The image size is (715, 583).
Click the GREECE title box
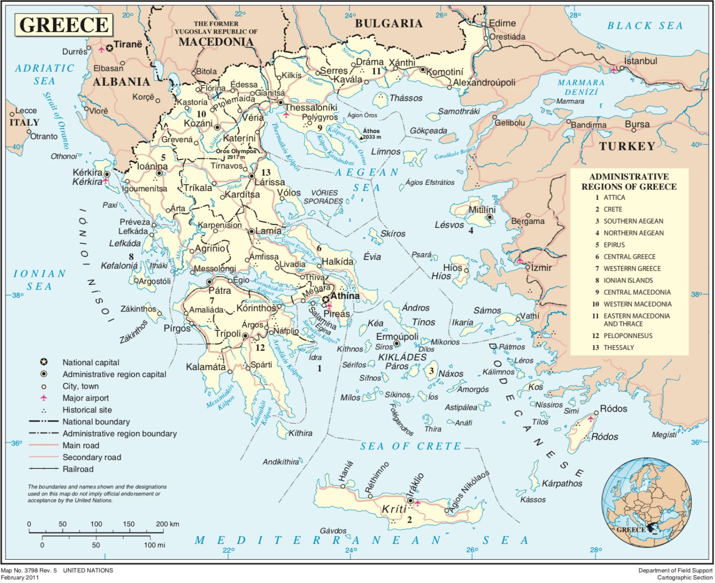[64, 25]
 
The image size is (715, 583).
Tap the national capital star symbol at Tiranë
[109, 47]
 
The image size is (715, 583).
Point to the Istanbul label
[641, 61]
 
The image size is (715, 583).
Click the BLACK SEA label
[645, 26]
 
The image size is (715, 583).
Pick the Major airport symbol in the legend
[44, 398]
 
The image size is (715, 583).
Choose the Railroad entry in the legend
[78, 469]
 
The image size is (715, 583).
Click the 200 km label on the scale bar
[167, 524]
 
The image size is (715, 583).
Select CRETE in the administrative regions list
[613, 209]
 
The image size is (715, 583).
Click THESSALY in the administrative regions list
[619, 347]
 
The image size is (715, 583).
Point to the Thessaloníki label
[311, 108]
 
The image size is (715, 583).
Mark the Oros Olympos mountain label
[236, 151]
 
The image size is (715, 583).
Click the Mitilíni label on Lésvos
[482, 210]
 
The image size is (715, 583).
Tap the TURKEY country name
[627, 146]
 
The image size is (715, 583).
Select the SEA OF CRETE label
[410, 446]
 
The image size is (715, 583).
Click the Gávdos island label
[333, 530]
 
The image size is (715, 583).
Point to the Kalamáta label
[206, 367]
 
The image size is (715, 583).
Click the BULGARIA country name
[389, 23]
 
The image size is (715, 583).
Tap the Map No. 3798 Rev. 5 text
[29, 570]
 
